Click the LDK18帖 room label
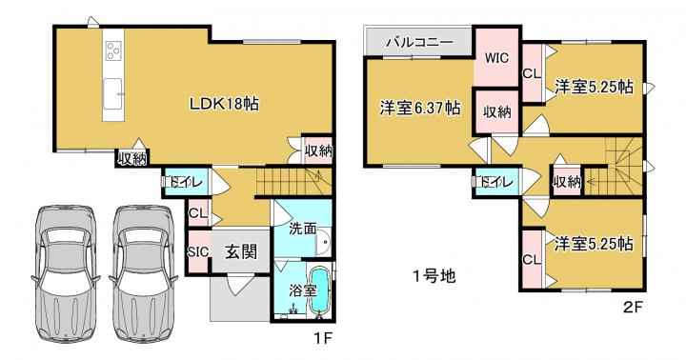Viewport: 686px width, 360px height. (224, 104)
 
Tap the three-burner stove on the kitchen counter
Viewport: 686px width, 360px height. (113, 50)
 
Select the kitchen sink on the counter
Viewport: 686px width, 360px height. (113, 94)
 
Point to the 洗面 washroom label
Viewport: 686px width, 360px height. (302, 229)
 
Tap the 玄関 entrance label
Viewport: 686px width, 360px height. (241, 252)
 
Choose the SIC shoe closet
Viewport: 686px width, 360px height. (198, 252)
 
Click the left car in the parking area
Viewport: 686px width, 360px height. (66, 273)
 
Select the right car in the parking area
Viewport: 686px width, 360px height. (144, 273)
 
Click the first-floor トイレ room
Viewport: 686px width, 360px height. (187, 182)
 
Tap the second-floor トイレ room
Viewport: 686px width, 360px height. (497, 182)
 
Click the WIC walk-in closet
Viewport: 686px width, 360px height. (497, 57)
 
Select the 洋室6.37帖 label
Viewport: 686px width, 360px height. (420, 108)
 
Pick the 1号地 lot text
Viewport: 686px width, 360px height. (434, 275)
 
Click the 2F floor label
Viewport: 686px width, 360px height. (633, 307)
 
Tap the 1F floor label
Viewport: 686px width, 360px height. (324, 338)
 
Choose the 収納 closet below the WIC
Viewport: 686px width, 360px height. (497, 111)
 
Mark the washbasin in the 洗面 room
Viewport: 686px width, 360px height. (324, 242)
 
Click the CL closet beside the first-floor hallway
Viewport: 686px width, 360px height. (198, 213)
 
